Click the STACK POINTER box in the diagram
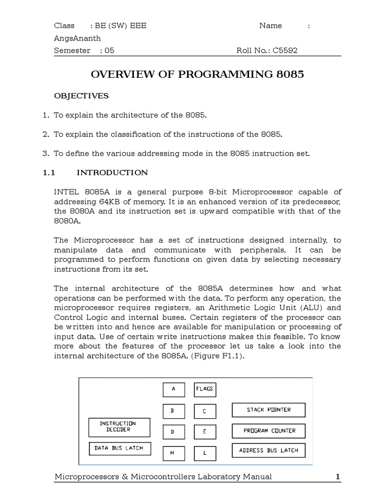(269, 410)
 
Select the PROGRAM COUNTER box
(269, 431)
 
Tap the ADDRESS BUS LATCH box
(269, 450)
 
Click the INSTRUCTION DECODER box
(119, 427)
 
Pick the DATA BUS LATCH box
(120, 448)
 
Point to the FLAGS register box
(205, 389)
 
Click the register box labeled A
(174, 389)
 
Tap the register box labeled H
(174, 453)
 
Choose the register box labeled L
(205, 453)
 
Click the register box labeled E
(205, 432)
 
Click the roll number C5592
(283, 50)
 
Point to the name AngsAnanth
(77, 38)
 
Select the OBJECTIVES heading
(81, 95)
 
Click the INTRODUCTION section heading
(112, 172)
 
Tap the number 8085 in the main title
(290, 75)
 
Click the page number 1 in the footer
(338, 476)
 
